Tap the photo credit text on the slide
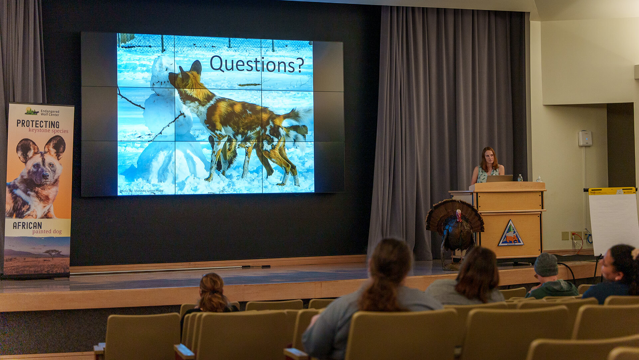coord(141,191)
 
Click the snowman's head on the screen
coord(162,72)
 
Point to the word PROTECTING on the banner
coord(38,124)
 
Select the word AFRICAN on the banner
coord(27,225)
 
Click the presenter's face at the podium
coord(488,158)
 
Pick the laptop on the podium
coord(499,179)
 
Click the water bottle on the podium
coord(520,178)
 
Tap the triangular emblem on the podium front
coord(511,234)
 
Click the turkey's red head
coord(459,216)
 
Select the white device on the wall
coord(585,138)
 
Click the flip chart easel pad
coord(613,220)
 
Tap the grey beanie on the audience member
coord(546,264)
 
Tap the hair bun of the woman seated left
coord(211,282)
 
